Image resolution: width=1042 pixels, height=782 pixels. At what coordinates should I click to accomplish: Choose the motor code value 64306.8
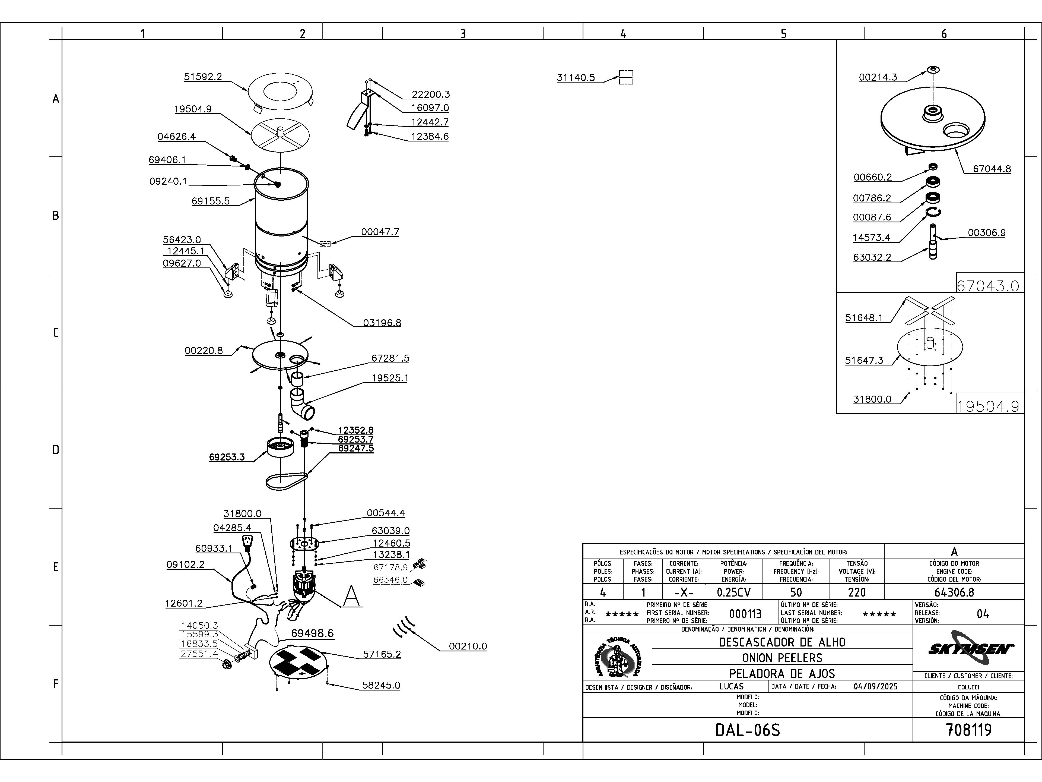954,592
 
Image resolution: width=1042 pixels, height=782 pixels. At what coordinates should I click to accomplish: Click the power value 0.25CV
733,592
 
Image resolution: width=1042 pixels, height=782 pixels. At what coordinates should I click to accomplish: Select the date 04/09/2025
875,686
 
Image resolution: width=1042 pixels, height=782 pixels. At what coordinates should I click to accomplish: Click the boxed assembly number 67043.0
987,285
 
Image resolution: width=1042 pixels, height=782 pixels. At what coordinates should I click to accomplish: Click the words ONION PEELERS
782,658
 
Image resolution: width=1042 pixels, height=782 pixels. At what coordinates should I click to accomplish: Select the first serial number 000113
745,614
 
